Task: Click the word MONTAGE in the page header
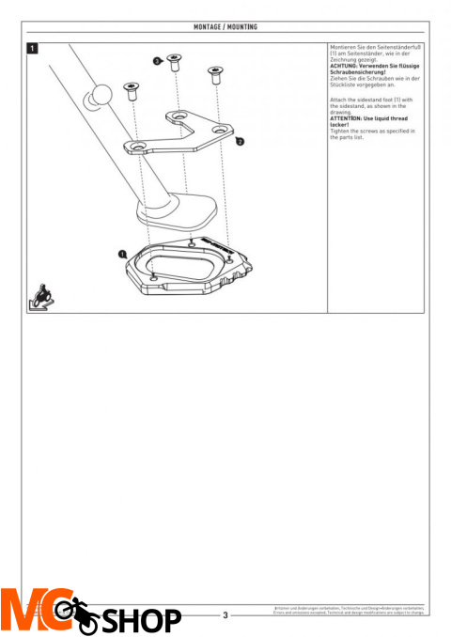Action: pyautogui.click(x=207, y=27)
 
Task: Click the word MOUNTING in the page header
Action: pyautogui.click(x=243, y=27)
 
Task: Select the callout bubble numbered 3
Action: pyautogui.click(x=157, y=61)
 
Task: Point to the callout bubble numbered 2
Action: pyautogui.click(x=241, y=141)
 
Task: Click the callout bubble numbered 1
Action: pyautogui.click(x=122, y=254)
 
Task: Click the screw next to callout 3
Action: pyautogui.click(x=174, y=63)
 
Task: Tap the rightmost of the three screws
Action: pyautogui.click(x=215, y=74)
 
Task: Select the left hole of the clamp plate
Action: pyautogui.click(x=137, y=148)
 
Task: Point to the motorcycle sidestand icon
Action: pyautogui.click(x=40, y=296)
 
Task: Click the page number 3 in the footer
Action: pyautogui.click(x=225, y=615)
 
